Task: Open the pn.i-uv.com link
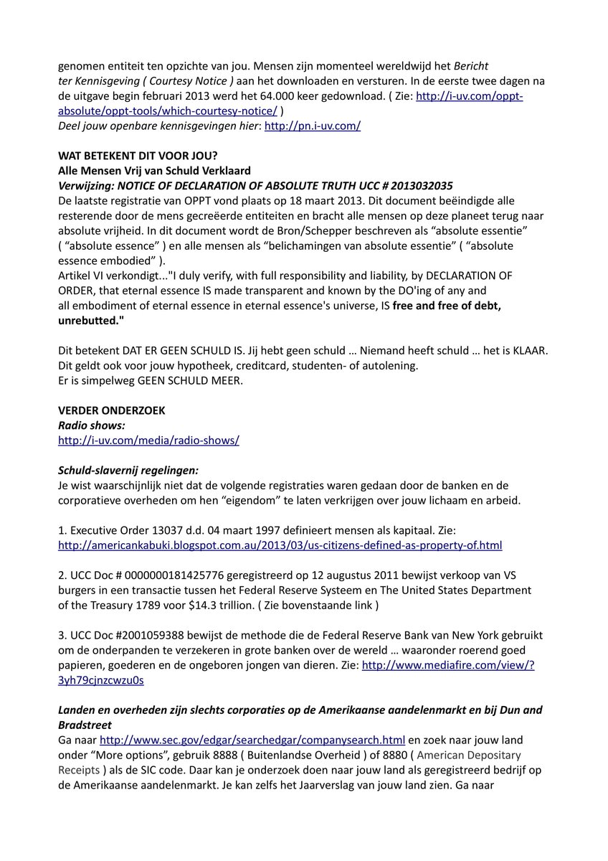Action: point(313,126)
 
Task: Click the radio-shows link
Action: point(148,441)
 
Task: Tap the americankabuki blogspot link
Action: point(280,545)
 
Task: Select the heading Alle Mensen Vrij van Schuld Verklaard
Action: point(154,171)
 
